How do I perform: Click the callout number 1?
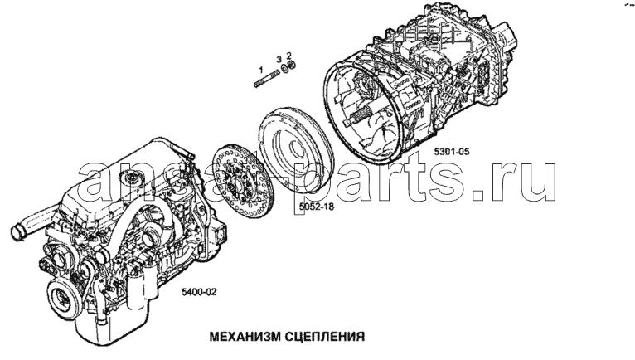coord(261,70)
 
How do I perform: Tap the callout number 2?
coord(288,55)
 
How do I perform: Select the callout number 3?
coord(279,60)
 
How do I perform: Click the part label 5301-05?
coord(452,152)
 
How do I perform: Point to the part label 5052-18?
coord(317,207)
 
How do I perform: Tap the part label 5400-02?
coord(199,292)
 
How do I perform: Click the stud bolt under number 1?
coord(265,78)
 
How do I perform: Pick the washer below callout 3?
coord(284,69)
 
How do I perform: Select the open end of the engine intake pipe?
coord(17,232)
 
